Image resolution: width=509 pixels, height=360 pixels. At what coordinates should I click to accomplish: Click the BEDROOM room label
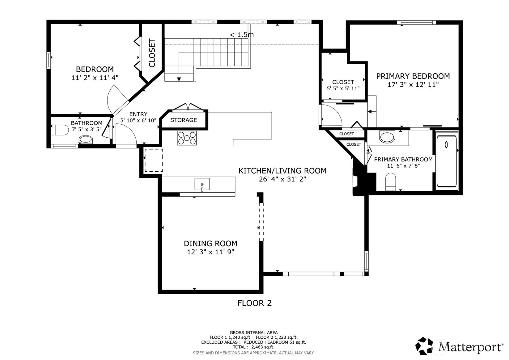(95, 69)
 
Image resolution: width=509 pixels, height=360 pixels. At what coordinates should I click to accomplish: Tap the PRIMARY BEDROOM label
(413, 76)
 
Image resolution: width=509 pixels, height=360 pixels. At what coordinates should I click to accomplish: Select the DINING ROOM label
(210, 244)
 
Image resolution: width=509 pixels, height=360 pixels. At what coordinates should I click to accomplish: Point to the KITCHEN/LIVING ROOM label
(282, 170)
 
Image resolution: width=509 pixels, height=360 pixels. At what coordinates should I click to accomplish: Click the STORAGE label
(184, 120)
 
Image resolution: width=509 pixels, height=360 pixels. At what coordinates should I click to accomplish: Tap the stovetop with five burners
(187, 138)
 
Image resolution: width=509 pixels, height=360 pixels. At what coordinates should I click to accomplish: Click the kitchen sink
(202, 184)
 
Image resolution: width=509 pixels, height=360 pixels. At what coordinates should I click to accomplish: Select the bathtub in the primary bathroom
(447, 161)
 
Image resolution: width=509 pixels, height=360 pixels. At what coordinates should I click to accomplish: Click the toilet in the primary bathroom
(391, 182)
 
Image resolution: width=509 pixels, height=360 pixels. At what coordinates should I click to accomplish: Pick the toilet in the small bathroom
(60, 130)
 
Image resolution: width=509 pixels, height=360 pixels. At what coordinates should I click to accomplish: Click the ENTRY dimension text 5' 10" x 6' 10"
(138, 120)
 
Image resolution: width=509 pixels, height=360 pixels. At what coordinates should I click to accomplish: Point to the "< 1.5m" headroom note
(242, 35)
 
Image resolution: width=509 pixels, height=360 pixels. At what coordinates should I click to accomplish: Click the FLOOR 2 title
(255, 303)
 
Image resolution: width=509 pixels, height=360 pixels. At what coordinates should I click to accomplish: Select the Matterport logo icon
(424, 346)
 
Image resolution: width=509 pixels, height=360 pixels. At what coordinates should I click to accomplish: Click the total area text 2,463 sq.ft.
(263, 347)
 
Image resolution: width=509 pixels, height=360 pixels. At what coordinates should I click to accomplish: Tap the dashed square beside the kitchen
(154, 160)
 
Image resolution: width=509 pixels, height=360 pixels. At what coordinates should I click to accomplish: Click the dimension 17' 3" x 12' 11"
(413, 85)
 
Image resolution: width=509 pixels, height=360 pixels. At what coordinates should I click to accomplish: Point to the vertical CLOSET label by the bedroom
(152, 53)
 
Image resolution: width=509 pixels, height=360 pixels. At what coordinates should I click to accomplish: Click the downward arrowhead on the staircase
(179, 79)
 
